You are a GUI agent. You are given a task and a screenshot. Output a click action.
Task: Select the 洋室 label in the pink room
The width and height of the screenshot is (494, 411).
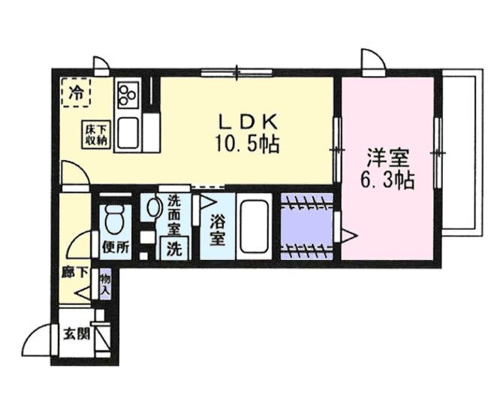pyautogui.click(x=388, y=159)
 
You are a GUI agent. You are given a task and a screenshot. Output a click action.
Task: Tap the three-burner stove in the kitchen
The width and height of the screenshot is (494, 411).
pyautogui.click(x=127, y=94)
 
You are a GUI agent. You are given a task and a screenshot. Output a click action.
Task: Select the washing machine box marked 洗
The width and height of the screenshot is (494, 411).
pyautogui.click(x=173, y=249)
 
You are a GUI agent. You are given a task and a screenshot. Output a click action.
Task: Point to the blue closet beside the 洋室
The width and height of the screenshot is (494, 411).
pyautogui.click(x=306, y=225)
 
